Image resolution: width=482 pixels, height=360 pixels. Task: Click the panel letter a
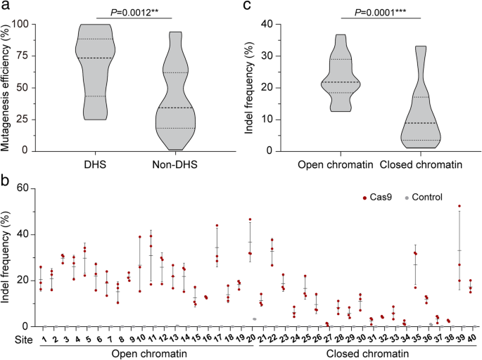(x=7, y=8)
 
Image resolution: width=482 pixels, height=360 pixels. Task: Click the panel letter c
(x=246, y=8)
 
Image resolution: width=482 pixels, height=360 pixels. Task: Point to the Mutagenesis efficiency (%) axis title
(x=8, y=82)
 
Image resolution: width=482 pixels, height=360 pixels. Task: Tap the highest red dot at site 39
(x=460, y=206)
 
